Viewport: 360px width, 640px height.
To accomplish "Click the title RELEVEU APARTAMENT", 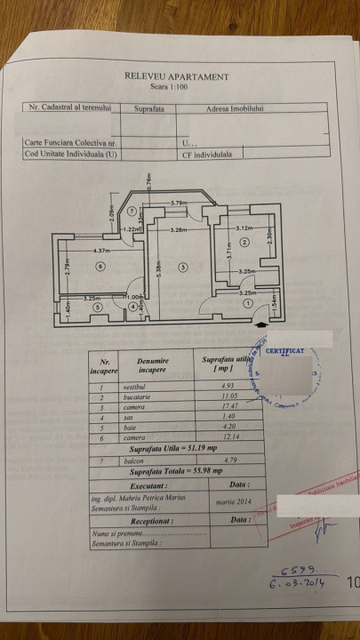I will [x=177, y=77].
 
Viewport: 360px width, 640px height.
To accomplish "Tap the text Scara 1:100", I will [x=177, y=88].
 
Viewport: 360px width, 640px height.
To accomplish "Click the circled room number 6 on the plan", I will [x=100, y=266].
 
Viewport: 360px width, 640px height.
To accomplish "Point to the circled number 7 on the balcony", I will [x=132, y=212].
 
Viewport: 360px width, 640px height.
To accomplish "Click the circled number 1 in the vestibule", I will [x=247, y=302].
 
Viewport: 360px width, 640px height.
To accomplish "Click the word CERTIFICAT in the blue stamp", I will [x=284, y=350].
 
